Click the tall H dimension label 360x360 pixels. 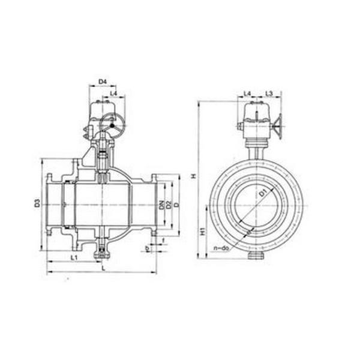[193, 176]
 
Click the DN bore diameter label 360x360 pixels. [162, 205]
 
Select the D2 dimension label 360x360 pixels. [169, 205]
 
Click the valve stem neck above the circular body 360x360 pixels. [254, 149]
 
